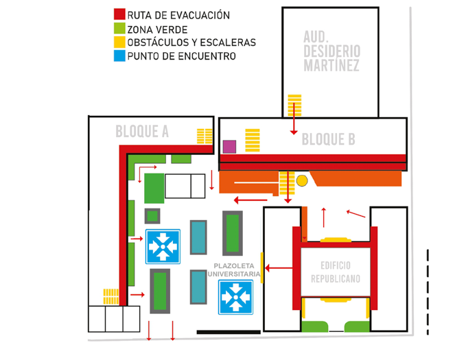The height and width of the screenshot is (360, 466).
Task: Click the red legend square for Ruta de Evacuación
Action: coord(119,14)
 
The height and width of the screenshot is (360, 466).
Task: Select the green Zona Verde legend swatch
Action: coord(119,29)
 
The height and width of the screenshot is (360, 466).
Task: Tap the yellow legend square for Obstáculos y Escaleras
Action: coord(119,43)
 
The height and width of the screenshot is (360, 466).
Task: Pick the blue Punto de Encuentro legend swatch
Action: coord(119,56)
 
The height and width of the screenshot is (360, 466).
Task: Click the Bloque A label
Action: coord(142,132)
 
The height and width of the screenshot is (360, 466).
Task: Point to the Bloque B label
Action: coord(329,139)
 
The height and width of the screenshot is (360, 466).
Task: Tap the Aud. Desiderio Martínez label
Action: coord(331,51)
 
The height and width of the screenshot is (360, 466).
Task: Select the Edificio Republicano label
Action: coord(336,272)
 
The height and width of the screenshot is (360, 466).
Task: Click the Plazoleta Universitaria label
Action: coord(234,269)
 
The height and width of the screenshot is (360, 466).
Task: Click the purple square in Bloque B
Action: coord(229,147)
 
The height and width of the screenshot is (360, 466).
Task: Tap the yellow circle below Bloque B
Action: coord(302,180)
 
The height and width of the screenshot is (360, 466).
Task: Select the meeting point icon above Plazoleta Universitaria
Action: coord(163,247)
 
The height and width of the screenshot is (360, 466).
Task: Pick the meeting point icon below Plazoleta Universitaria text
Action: coord(235,297)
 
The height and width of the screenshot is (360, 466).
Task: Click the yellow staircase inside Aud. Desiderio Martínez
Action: coord(294,105)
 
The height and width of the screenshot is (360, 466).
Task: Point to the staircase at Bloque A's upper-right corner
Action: coord(205,136)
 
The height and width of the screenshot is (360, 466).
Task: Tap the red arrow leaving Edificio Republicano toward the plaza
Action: coord(279,268)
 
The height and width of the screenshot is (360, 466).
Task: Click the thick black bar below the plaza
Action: coord(229,332)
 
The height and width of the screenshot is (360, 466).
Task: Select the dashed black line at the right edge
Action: coord(428,292)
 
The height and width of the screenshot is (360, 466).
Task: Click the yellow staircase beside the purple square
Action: coord(253,140)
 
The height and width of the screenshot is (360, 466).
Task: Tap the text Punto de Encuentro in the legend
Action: coord(182,56)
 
